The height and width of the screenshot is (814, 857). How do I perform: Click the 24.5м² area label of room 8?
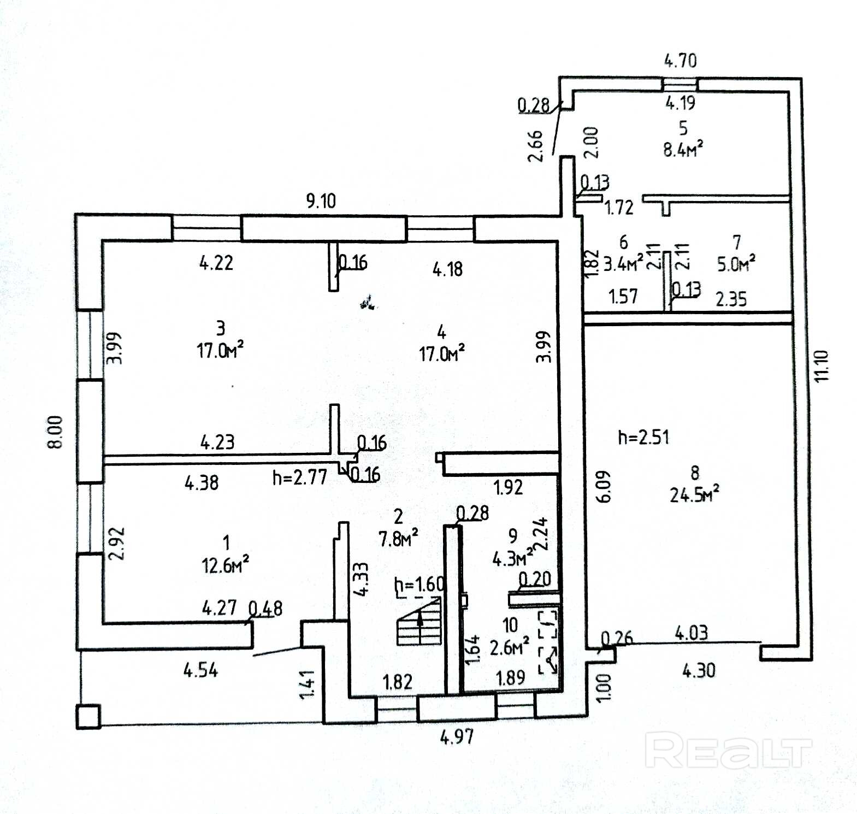(694, 494)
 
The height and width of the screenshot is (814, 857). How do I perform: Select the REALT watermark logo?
(728, 751)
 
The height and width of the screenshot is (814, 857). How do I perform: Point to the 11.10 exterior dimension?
(821, 366)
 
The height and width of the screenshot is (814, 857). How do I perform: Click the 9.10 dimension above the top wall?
(321, 200)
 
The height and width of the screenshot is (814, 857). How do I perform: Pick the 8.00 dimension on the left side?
(55, 432)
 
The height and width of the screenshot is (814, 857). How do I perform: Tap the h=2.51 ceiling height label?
(643, 437)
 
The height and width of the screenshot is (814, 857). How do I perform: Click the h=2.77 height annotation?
(300, 477)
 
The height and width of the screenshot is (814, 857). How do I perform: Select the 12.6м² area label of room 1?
(226, 565)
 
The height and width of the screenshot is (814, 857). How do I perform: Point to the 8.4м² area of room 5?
(683, 149)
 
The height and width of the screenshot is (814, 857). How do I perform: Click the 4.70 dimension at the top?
(681, 60)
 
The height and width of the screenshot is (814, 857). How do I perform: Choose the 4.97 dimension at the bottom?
(457, 737)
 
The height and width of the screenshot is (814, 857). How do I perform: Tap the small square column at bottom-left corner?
(88, 716)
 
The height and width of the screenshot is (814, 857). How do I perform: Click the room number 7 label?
(737, 241)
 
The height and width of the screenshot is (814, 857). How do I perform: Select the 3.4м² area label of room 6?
(623, 264)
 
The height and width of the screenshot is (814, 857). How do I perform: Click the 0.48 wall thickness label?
(265, 608)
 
